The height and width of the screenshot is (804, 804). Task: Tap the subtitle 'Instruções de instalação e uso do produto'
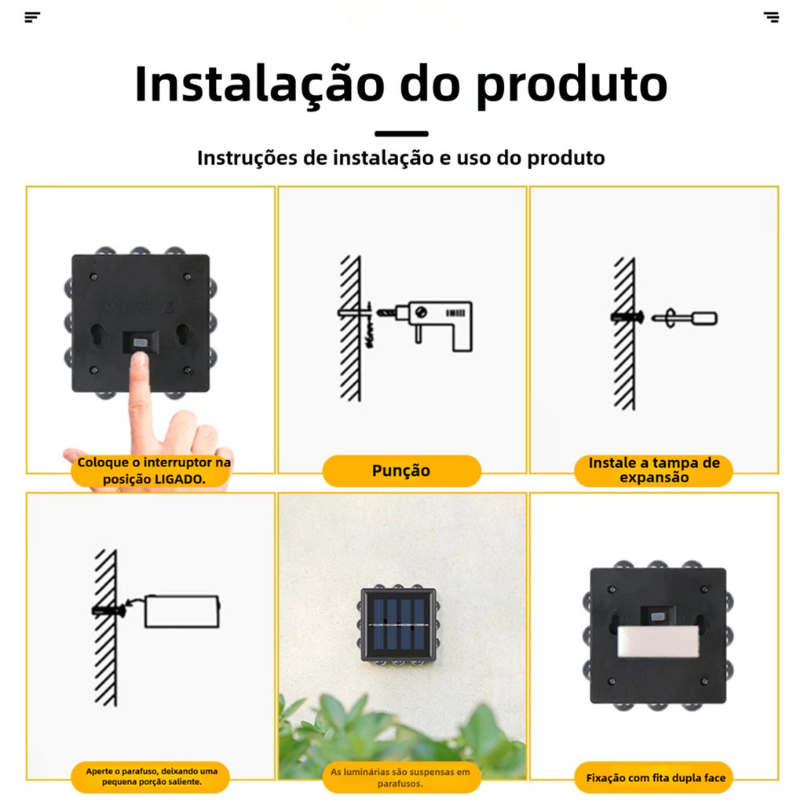pos(401,158)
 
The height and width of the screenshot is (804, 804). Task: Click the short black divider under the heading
pos(401,133)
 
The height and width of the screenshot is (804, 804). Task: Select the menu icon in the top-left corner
pos(32,17)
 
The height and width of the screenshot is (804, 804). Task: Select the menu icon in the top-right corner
pos(771,17)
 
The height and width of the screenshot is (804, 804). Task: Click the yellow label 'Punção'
pos(401,471)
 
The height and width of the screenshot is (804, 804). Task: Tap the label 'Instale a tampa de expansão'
pos(654,470)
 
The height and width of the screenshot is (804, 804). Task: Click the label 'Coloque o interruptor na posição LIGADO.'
pos(153,471)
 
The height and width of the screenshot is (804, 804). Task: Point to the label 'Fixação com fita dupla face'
pos(656,778)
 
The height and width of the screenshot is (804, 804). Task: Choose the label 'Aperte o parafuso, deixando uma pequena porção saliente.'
pos(152,777)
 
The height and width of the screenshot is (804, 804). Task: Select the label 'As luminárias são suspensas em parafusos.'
pos(400,777)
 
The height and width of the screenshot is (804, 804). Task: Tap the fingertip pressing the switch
pos(138,360)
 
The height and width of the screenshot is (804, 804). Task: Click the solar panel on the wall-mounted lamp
pos(399,624)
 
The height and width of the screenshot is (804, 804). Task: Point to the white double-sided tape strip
pos(658,641)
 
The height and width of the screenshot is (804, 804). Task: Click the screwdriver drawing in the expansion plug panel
pos(685,319)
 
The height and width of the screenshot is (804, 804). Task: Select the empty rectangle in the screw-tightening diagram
pos(182,611)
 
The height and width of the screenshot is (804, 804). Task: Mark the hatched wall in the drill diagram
pos(351,328)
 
